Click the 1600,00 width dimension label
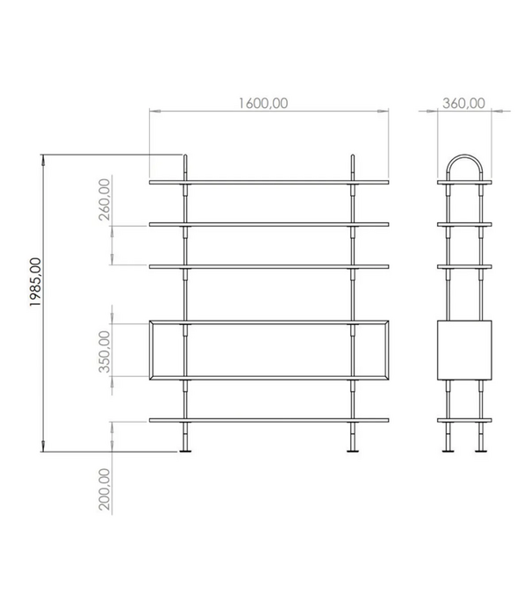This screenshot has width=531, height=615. (x=262, y=103)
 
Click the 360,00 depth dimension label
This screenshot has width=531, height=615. (x=463, y=103)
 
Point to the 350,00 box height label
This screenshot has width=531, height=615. (x=105, y=351)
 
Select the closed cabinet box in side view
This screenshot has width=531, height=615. (x=464, y=351)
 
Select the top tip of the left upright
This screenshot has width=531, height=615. (x=186, y=158)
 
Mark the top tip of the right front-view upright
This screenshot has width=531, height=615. (x=352, y=158)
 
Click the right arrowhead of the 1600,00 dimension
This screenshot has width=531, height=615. (x=384, y=112)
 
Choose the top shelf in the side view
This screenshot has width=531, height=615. (x=464, y=183)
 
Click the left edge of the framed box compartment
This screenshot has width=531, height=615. (x=152, y=351)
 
